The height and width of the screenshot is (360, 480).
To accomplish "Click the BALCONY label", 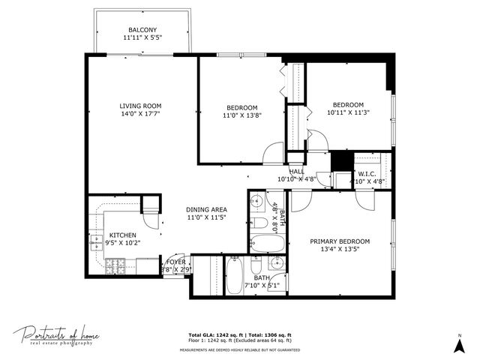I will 141,31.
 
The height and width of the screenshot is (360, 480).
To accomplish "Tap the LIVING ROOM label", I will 141,106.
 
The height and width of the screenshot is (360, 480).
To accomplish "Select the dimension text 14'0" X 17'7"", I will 141,114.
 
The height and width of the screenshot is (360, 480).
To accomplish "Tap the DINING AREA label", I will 206,209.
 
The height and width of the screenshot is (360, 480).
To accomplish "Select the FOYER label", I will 175,262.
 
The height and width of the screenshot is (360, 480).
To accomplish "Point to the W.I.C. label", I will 367,175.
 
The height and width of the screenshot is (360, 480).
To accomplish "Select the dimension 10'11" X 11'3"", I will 348,113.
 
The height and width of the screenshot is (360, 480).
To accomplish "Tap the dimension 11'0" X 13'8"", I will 241,115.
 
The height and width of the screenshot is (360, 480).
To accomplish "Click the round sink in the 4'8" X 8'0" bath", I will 256,200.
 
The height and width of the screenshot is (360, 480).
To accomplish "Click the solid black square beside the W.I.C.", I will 341,161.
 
